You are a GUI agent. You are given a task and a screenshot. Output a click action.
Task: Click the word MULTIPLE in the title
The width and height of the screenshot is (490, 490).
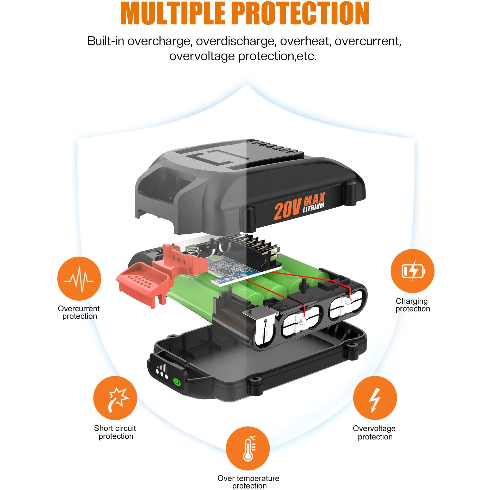point(173,13)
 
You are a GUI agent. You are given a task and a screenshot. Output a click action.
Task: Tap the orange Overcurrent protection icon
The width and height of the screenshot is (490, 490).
point(79,278)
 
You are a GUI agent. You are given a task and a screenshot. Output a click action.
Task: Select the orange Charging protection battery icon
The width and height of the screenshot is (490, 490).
point(412,271)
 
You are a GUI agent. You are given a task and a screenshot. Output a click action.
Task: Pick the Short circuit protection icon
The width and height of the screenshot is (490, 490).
point(115,398)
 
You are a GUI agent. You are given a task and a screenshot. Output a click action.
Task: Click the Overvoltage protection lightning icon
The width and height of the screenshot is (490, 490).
point(375,398)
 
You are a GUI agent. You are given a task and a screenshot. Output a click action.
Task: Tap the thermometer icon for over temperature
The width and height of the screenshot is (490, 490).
point(248,448)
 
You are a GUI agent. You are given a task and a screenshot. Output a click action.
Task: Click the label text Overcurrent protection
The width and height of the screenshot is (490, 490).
point(79,312)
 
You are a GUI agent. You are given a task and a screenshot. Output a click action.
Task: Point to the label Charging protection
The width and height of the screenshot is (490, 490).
point(413,305)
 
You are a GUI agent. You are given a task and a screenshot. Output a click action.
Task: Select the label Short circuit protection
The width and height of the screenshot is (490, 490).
point(115,432)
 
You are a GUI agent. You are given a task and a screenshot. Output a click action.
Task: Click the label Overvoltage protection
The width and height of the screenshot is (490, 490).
point(374,433)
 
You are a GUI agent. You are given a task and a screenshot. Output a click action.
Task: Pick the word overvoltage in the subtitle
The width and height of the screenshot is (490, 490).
point(202,56)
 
